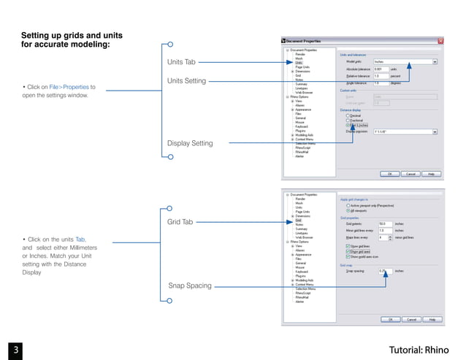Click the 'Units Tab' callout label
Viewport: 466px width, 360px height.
click(181, 63)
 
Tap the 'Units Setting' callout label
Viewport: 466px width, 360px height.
click(186, 80)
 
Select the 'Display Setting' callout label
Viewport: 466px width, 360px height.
click(190, 143)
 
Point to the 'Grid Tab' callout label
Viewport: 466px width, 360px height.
click(180, 221)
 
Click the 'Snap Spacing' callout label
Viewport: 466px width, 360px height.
click(189, 286)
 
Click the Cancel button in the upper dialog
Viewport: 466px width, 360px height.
click(411, 174)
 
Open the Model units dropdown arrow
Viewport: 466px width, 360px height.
click(435, 62)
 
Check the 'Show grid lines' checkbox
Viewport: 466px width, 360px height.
click(347, 246)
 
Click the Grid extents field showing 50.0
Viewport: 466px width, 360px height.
click(384, 224)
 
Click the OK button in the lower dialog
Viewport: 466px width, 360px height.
click(390, 319)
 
